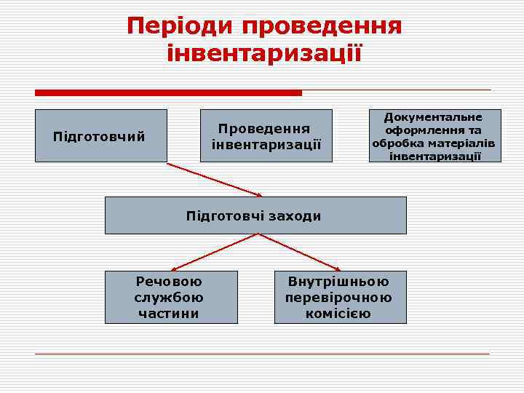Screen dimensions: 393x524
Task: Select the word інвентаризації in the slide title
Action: click(263, 53)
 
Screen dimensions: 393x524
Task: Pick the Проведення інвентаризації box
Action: click(266, 135)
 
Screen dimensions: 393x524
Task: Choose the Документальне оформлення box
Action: click(433, 135)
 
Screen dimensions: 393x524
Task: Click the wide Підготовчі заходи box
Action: click(255, 215)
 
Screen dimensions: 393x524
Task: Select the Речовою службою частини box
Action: click(170, 297)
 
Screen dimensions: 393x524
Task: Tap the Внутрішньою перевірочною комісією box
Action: click(339, 297)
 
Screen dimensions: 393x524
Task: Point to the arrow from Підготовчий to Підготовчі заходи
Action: click(215, 179)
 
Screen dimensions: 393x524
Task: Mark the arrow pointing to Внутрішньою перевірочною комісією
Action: click(299, 252)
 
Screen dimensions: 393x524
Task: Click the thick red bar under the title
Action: click(168, 92)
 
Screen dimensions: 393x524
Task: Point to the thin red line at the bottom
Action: click(262, 354)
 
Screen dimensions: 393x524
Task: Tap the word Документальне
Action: click(433, 116)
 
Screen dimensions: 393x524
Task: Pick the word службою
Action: click(169, 298)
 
